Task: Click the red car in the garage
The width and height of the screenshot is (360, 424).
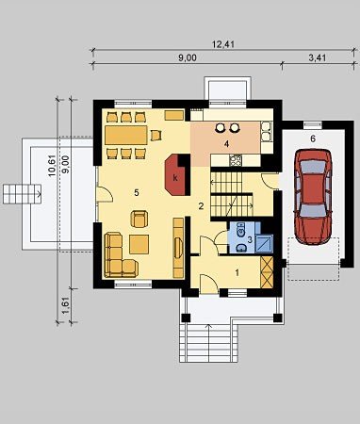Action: tap(313, 197)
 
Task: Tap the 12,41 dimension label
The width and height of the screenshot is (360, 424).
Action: tap(223, 44)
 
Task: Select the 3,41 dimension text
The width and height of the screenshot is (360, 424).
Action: tap(318, 57)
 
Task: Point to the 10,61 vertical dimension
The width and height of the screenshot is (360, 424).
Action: tap(52, 166)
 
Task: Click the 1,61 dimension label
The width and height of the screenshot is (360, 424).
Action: tap(66, 305)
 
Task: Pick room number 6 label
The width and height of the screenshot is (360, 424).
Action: tap(313, 139)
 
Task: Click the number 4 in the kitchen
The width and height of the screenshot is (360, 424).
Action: tap(226, 144)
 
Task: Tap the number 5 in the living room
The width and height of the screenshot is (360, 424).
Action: tap(137, 192)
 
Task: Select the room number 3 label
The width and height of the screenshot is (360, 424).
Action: tap(250, 240)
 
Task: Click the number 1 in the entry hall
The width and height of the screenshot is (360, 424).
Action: tap(237, 272)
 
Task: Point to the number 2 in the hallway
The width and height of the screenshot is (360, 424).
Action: tap(201, 206)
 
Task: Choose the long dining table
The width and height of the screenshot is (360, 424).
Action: tap(126, 135)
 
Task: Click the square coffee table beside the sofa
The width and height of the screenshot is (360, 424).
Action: tap(139, 244)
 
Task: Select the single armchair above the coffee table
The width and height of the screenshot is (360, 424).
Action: tap(139, 219)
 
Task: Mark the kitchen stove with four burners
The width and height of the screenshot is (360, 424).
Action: tap(236, 160)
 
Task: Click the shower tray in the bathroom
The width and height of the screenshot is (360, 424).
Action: tap(264, 243)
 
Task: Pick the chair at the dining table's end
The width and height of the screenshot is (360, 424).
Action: tap(156, 136)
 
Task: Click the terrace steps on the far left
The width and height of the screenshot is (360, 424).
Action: tap(21, 194)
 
